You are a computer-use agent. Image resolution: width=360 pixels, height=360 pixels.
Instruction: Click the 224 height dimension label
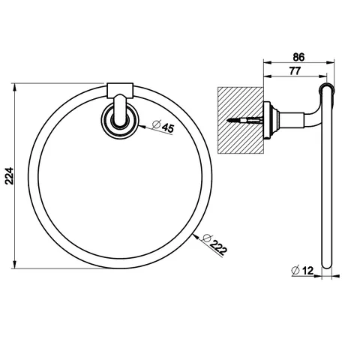10,175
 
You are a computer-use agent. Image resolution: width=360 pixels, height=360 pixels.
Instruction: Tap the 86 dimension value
298,57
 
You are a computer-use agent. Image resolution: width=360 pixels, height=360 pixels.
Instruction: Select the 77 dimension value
295,71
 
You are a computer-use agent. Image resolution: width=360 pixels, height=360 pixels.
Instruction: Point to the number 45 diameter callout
168,128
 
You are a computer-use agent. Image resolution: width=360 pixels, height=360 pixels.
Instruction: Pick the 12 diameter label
307,270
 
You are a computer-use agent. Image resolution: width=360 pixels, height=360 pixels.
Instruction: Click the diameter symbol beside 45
156,124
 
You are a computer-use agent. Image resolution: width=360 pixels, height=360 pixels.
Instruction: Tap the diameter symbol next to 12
295,270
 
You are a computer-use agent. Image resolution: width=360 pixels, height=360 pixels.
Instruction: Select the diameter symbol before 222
207,238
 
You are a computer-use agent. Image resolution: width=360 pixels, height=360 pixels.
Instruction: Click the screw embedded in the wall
244,121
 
